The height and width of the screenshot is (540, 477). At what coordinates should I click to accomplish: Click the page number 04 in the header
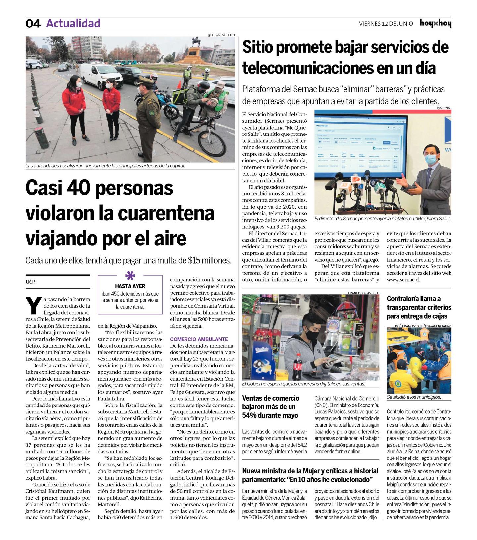coord(33,24)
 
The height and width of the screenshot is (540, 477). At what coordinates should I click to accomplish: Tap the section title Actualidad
coord(73,23)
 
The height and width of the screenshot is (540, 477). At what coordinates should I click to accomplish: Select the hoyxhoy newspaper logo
coord(435,23)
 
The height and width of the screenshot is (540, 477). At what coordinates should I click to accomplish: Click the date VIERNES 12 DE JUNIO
coord(386,24)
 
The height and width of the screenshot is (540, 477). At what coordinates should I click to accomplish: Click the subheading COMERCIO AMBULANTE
coord(199,339)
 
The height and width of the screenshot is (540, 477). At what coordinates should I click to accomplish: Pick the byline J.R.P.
coord(30,282)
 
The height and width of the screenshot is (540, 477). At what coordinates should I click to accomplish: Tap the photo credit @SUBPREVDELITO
coord(221,35)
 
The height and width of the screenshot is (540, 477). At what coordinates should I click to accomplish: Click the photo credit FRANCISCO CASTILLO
coord(363,293)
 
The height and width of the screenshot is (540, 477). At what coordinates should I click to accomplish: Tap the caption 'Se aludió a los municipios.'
coord(414,397)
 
